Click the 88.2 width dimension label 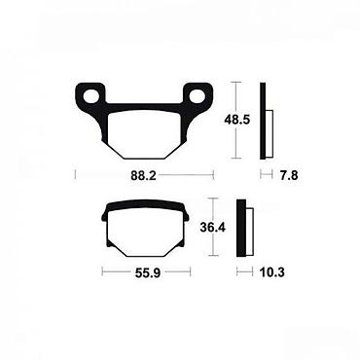pos(143,175)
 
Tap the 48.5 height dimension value pos(237,120)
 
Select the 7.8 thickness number pos(289,175)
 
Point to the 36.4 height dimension pos(213,227)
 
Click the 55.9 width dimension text pos(148,272)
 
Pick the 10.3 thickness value pos(271,272)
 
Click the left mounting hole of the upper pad pos(90,96)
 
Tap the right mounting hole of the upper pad pos(197,96)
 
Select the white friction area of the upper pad pos(144,134)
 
